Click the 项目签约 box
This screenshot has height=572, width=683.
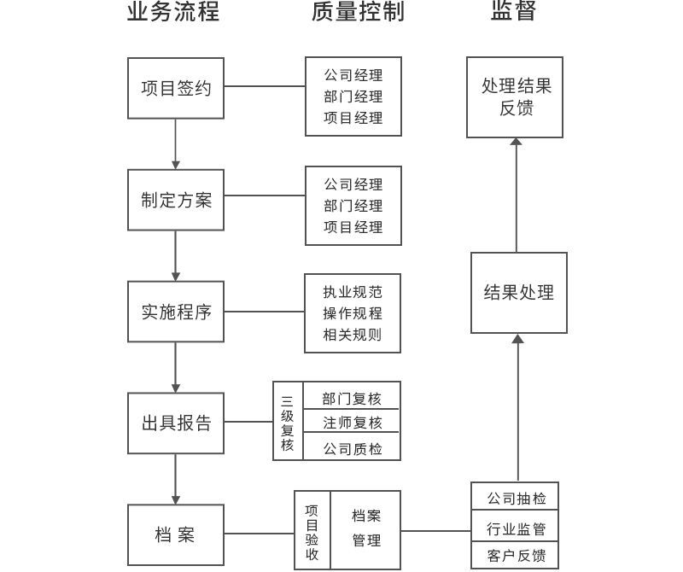pyautogui.click(x=176, y=88)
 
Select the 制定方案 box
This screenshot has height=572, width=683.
pyautogui.click(x=176, y=200)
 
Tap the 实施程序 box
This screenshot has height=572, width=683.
pyautogui.click(x=176, y=312)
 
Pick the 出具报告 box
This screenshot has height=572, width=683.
pyautogui.click(x=176, y=423)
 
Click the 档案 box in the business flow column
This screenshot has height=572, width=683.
pyautogui.click(x=176, y=535)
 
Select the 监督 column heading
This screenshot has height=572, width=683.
pyautogui.click(x=514, y=12)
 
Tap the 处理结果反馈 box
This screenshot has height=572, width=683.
pyautogui.click(x=515, y=97)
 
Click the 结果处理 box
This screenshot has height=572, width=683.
pyautogui.click(x=518, y=293)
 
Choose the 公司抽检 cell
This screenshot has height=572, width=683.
pyautogui.click(x=517, y=498)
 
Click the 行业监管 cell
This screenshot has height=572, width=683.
pyautogui.click(x=517, y=528)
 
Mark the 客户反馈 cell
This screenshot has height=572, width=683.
pyautogui.click(x=517, y=556)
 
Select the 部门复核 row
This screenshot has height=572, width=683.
pyautogui.click(x=352, y=399)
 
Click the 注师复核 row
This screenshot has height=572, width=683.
pyautogui.click(x=352, y=423)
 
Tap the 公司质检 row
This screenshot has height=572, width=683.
pyautogui.click(x=352, y=448)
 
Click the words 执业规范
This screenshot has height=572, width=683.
pyautogui.click(x=353, y=292)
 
